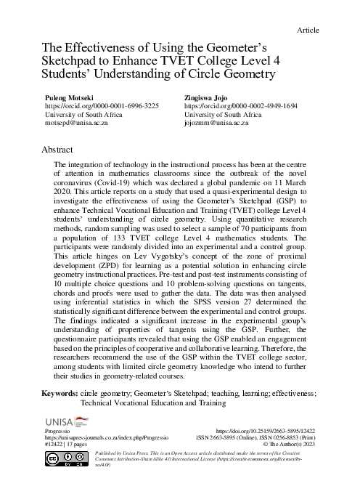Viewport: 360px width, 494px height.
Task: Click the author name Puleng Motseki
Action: (x=70, y=96)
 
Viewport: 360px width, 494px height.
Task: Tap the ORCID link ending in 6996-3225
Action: (x=102, y=105)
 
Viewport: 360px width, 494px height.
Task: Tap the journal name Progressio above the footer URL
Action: (x=59, y=432)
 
